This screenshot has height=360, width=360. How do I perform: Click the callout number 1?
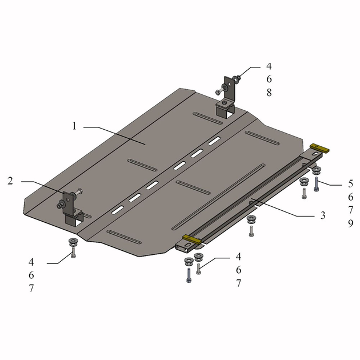pyautogui.click(x=74, y=126)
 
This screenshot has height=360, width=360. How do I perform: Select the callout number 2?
pyautogui.click(x=10, y=181)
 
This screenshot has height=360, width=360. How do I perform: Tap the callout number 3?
pyautogui.click(x=323, y=215)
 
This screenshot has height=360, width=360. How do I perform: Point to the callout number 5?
pyautogui.click(x=350, y=183)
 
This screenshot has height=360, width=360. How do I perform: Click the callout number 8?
pyautogui.click(x=269, y=93)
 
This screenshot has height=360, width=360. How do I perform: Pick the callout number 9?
pyautogui.click(x=350, y=223)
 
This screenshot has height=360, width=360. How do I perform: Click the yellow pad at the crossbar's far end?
pyautogui.click(x=319, y=148)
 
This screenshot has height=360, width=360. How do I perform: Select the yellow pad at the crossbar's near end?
pyautogui.click(x=191, y=239)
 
